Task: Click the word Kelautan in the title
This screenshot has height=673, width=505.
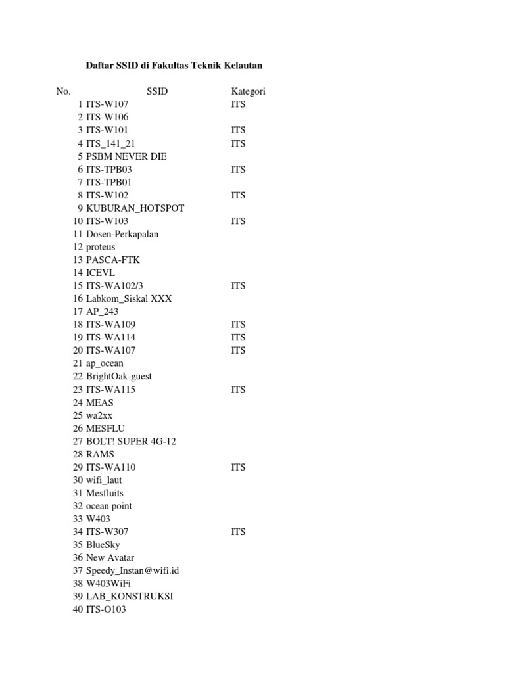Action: (x=243, y=66)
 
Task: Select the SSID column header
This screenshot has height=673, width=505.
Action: (x=156, y=91)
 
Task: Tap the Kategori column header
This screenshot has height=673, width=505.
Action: (x=248, y=91)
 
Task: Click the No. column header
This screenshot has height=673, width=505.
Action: (x=63, y=91)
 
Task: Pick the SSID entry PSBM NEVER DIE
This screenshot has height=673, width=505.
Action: (x=126, y=156)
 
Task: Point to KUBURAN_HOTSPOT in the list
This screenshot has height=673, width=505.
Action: (x=135, y=208)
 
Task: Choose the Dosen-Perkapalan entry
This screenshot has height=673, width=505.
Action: (x=122, y=234)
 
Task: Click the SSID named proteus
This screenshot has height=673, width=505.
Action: (x=101, y=247)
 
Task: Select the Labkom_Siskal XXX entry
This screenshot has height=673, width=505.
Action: (x=129, y=298)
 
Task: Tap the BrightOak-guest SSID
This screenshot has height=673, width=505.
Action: (x=119, y=376)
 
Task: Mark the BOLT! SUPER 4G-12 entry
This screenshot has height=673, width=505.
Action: (x=131, y=441)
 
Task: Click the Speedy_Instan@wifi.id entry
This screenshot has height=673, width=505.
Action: (x=132, y=570)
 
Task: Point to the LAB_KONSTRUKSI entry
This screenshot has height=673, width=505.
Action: (x=130, y=596)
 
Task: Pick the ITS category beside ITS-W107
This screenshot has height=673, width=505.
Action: (x=238, y=104)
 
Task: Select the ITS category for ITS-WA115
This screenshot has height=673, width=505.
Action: (x=238, y=390)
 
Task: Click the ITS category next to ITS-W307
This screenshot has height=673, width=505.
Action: (x=238, y=532)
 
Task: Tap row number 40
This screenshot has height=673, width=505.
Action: (x=78, y=609)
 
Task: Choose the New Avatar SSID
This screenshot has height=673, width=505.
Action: (x=110, y=557)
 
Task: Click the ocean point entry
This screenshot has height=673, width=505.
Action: (x=108, y=506)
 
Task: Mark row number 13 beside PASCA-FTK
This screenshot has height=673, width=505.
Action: (x=78, y=260)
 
